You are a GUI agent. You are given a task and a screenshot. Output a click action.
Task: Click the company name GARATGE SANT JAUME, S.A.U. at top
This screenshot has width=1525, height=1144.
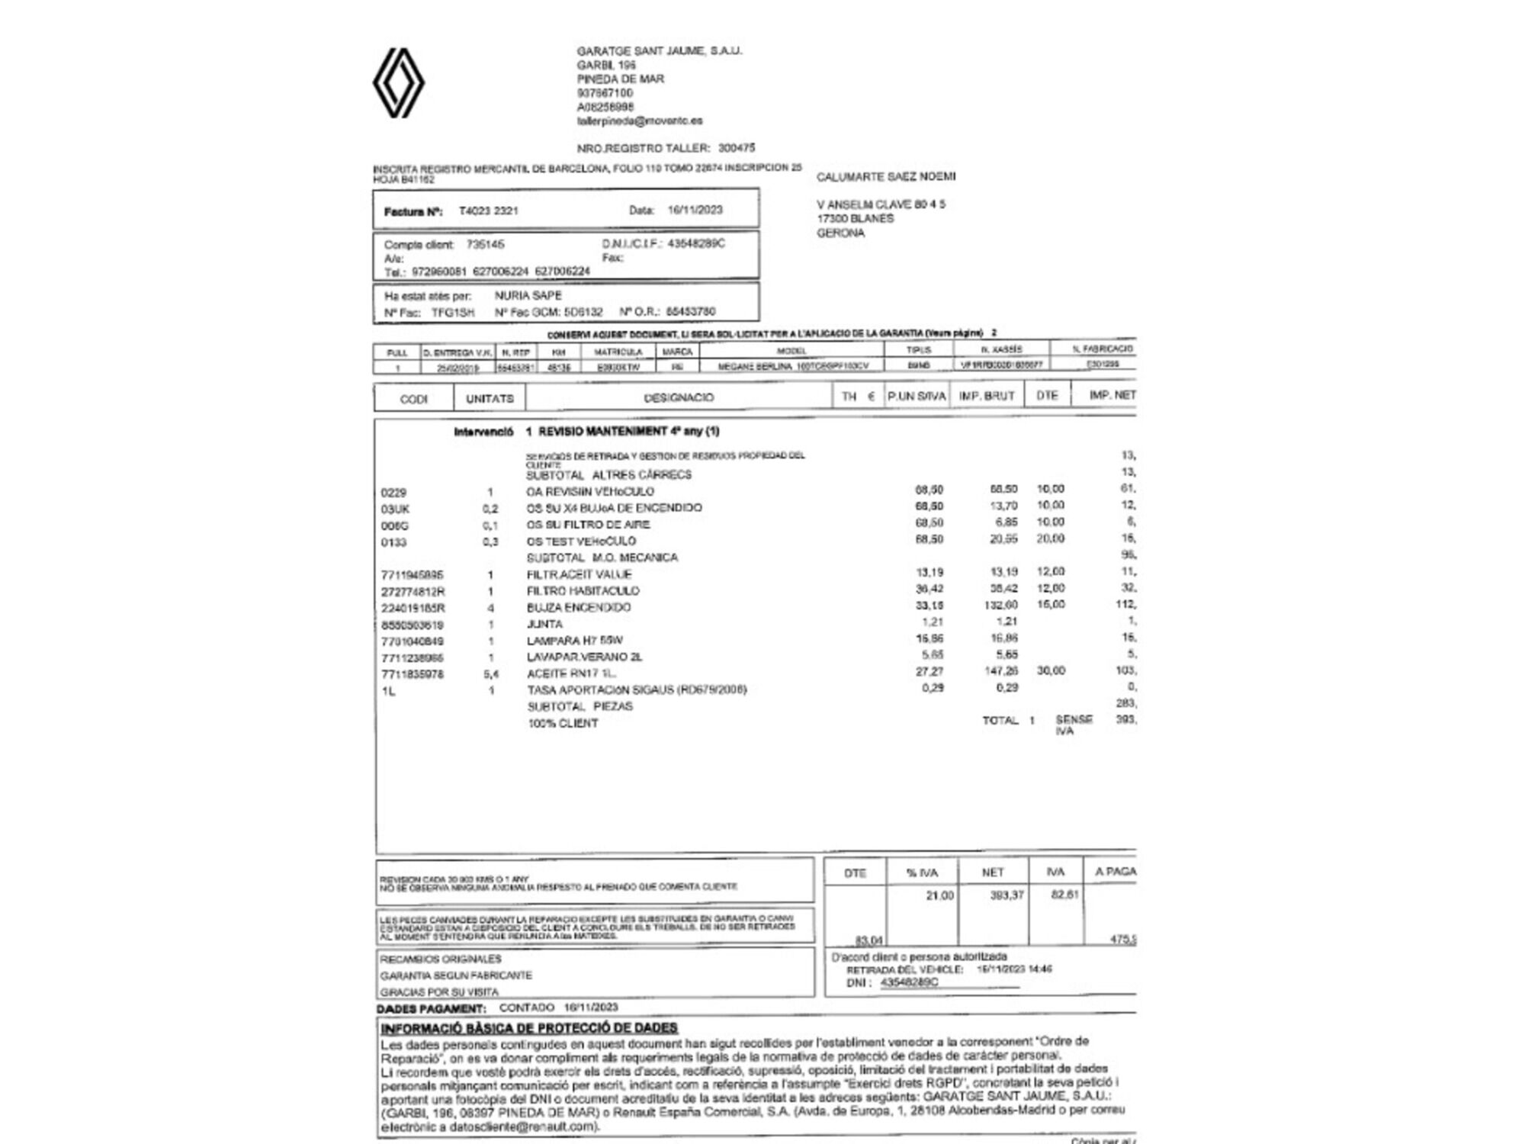click(659, 51)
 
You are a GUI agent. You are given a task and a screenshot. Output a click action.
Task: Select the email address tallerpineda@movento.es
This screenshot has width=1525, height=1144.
click(639, 121)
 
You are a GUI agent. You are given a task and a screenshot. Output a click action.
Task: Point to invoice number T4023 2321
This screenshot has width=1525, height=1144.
click(488, 210)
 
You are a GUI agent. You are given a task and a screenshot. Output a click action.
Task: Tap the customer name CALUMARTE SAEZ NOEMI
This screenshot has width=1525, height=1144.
click(885, 177)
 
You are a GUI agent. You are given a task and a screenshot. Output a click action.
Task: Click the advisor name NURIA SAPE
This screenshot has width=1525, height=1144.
click(528, 295)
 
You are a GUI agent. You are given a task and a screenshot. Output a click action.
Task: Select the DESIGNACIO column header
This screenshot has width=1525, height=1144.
click(679, 397)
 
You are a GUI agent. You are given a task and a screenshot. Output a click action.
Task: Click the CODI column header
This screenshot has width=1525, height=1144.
click(413, 398)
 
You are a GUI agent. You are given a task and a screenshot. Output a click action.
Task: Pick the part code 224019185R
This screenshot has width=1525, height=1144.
click(413, 608)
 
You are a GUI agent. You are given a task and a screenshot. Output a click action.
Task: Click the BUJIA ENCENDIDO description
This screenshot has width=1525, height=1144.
click(578, 607)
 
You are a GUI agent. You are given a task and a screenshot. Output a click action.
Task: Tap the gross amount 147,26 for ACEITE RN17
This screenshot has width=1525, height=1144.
click(1001, 671)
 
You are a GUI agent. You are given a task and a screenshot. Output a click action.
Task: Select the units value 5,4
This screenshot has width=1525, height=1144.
click(490, 674)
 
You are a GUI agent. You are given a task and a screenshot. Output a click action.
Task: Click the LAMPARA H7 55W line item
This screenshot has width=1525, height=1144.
click(574, 641)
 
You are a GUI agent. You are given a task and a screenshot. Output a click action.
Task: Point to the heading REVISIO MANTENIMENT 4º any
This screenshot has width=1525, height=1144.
click(628, 431)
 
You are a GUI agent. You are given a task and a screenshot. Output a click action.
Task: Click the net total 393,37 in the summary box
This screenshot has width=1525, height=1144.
click(1006, 895)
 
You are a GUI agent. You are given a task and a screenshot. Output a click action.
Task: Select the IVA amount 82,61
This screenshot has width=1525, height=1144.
click(1064, 894)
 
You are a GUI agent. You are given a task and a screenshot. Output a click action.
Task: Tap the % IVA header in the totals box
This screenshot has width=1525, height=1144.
click(922, 872)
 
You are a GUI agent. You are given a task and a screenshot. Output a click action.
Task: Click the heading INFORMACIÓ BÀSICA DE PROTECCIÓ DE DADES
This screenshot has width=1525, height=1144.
click(529, 1027)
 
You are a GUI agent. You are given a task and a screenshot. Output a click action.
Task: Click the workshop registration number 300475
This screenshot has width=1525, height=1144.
click(736, 148)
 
